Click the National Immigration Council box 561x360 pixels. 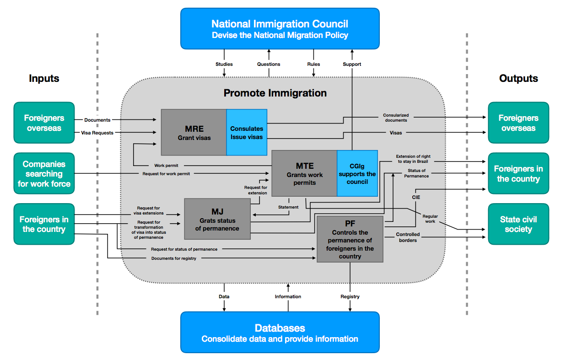(x=280, y=28)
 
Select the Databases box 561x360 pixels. (x=280, y=333)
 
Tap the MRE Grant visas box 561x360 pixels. (x=194, y=132)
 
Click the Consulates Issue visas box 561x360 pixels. (x=247, y=132)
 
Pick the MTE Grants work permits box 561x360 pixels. (x=304, y=174)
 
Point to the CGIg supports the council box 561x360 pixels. (x=357, y=174)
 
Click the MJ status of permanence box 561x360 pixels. (x=217, y=219)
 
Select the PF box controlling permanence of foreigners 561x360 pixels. (x=350, y=239)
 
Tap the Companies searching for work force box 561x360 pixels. (x=44, y=174)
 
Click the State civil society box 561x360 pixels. (x=518, y=224)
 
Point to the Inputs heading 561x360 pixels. (x=44, y=78)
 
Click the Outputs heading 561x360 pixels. (x=518, y=78)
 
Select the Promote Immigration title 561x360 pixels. (x=275, y=93)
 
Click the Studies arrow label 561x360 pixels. (x=224, y=64)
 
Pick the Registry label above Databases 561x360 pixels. (x=350, y=296)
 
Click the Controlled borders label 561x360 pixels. (x=408, y=237)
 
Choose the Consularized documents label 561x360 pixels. (x=396, y=118)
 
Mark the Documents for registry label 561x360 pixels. (x=174, y=258)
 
